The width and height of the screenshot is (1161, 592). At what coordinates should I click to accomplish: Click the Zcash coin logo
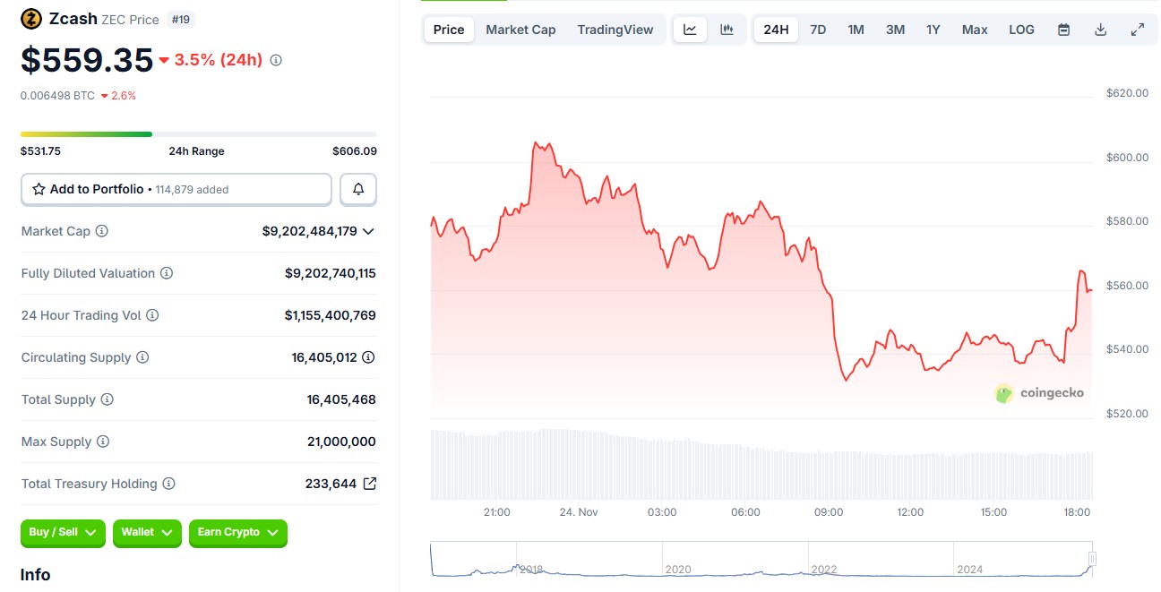point(30,19)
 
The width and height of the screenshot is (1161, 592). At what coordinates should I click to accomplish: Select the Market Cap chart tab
point(520,30)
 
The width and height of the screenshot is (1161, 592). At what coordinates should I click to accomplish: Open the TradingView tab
point(615,30)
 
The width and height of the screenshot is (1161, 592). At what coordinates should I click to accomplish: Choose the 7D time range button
point(818,30)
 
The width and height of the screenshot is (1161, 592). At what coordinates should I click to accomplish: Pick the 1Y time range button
point(933,30)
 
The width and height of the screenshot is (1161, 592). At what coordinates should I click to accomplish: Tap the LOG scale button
point(1021,30)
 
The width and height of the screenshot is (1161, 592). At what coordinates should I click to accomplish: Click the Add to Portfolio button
point(176,190)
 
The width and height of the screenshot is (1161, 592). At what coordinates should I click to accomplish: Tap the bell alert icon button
point(358,190)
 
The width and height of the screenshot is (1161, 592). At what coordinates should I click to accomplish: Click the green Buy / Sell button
point(63,533)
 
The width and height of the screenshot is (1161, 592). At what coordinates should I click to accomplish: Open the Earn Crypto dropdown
point(237,533)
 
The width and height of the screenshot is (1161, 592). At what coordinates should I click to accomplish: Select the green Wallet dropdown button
point(147,533)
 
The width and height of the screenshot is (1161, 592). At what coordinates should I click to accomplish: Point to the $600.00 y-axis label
point(1127,158)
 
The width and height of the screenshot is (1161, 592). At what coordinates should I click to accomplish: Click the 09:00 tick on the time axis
point(829,512)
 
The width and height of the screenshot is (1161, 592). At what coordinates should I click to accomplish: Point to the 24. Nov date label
point(579,512)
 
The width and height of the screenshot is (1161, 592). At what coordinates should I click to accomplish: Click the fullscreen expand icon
point(1138,30)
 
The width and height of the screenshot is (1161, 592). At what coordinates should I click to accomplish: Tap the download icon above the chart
point(1101,30)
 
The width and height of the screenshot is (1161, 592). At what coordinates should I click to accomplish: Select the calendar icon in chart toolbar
point(1063,30)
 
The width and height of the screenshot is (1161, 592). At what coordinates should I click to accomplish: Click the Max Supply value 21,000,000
point(341,442)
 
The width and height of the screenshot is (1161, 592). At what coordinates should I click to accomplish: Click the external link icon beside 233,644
point(370,484)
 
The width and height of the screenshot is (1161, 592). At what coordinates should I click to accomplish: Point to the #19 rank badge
point(182,20)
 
